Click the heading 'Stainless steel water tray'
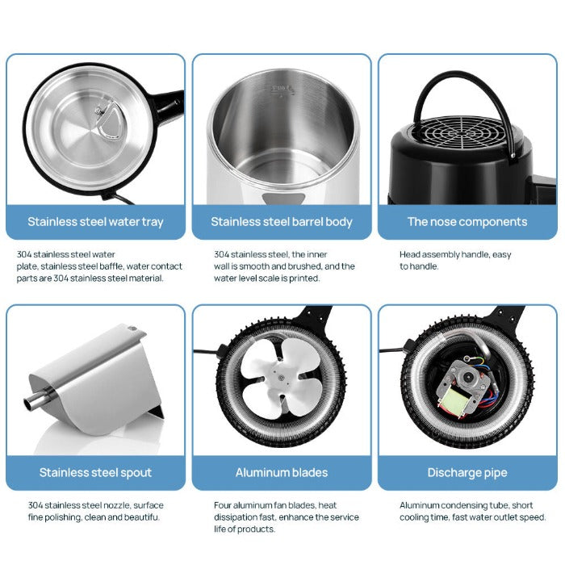tap(95, 222)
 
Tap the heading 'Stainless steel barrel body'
tap(282, 222)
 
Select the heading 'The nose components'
tap(467, 222)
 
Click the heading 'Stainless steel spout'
tap(95, 472)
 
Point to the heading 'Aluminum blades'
tap(282, 472)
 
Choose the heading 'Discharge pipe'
tap(467, 472)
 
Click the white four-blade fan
tap(281, 379)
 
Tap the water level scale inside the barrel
tap(282, 90)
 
